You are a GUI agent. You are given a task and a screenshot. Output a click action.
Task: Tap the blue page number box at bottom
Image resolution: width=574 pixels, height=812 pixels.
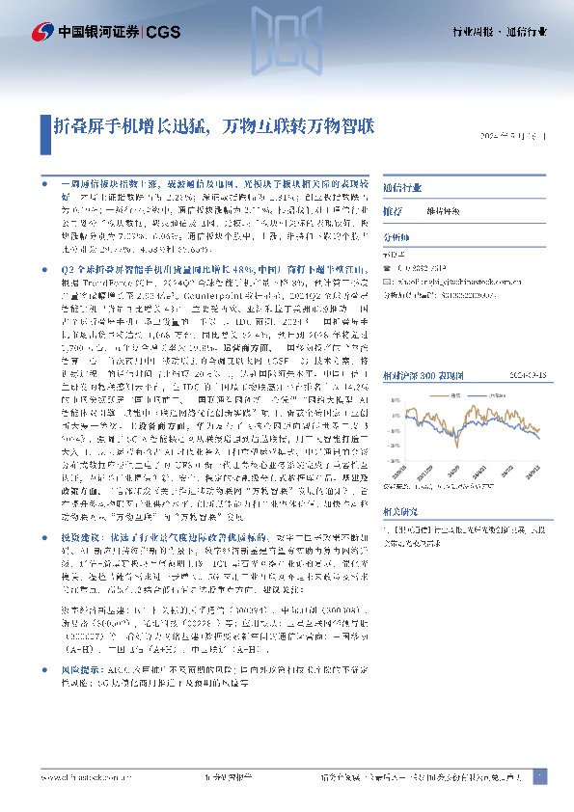(539, 776)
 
